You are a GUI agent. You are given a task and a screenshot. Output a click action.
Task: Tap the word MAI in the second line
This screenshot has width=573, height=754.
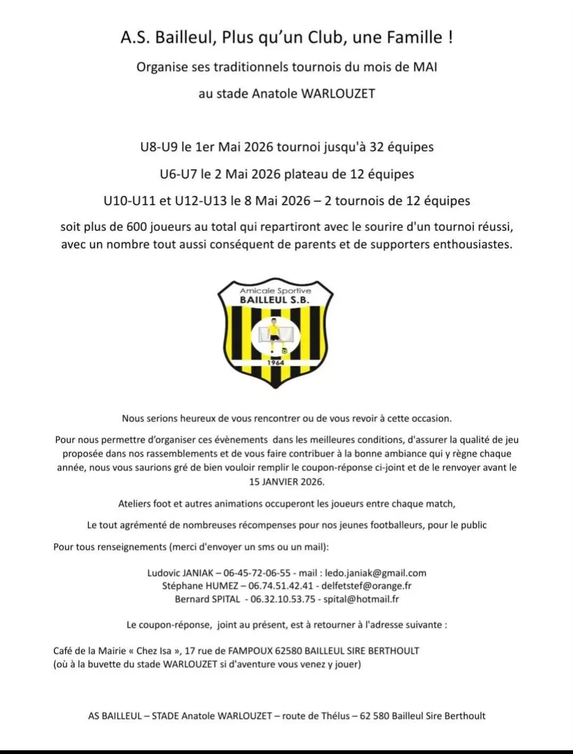(425, 67)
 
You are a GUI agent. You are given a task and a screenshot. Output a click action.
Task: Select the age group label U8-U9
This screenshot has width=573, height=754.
(158, 147)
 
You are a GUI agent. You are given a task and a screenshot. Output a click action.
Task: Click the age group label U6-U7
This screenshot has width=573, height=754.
(178, 174)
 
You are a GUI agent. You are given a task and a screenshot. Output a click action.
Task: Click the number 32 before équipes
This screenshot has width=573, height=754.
(376, 147)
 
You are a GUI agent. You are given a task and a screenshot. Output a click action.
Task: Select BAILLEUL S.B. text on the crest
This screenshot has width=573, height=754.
(275, 300)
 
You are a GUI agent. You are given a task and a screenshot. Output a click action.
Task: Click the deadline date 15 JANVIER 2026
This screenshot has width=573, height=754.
(286, 482)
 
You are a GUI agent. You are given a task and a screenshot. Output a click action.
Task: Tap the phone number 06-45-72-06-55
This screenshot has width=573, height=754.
(257, 573)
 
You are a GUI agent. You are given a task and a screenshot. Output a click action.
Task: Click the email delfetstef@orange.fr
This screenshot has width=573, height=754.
(366, 586)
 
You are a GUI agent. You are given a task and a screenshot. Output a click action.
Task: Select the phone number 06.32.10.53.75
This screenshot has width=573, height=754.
(283, 599)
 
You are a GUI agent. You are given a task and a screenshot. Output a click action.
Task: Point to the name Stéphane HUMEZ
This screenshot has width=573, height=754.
(200, 586)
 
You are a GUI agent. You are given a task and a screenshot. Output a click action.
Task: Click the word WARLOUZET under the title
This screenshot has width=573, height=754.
(338, 94)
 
